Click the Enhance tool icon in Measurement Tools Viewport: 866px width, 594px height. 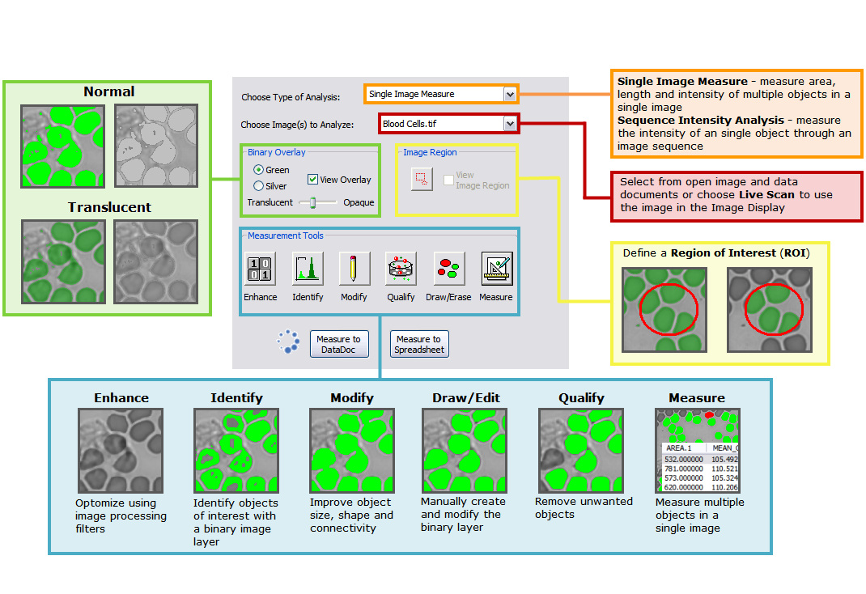[x=260, y=269]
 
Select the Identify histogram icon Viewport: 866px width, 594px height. [x=308, y=269]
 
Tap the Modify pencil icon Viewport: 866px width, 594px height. [x=354, y=269]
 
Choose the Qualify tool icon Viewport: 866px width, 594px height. [x=401, y=269]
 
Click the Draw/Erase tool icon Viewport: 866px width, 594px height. [x=448, y=269]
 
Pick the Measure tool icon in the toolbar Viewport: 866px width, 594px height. [x=496, y=269]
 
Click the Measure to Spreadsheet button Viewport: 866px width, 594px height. [x=418, y=344]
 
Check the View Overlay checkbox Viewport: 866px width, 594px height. [x=313, y=180]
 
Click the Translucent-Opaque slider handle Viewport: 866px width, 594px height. [x=312, y=202]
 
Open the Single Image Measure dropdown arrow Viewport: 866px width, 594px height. [x=509, y=94]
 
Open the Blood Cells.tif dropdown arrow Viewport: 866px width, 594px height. [x=509, y=124]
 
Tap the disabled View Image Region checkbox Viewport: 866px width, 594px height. [x=448, y=180]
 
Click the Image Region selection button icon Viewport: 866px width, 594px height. [x=422, y=179]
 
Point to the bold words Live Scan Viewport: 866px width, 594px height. [x=766, y=195]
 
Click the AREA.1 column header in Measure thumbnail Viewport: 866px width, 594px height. [x=680, y=448]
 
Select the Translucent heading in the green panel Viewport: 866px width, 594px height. [x=109, y=207]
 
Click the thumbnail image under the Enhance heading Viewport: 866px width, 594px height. [x=121, y=450]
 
